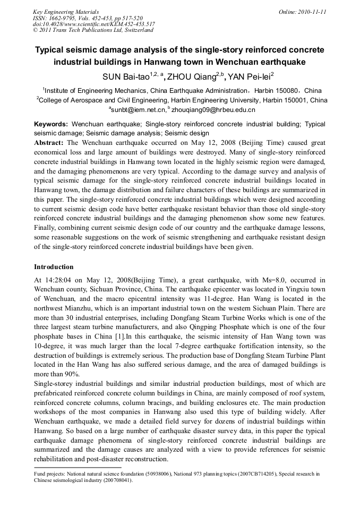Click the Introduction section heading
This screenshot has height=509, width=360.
coord(54,266)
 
